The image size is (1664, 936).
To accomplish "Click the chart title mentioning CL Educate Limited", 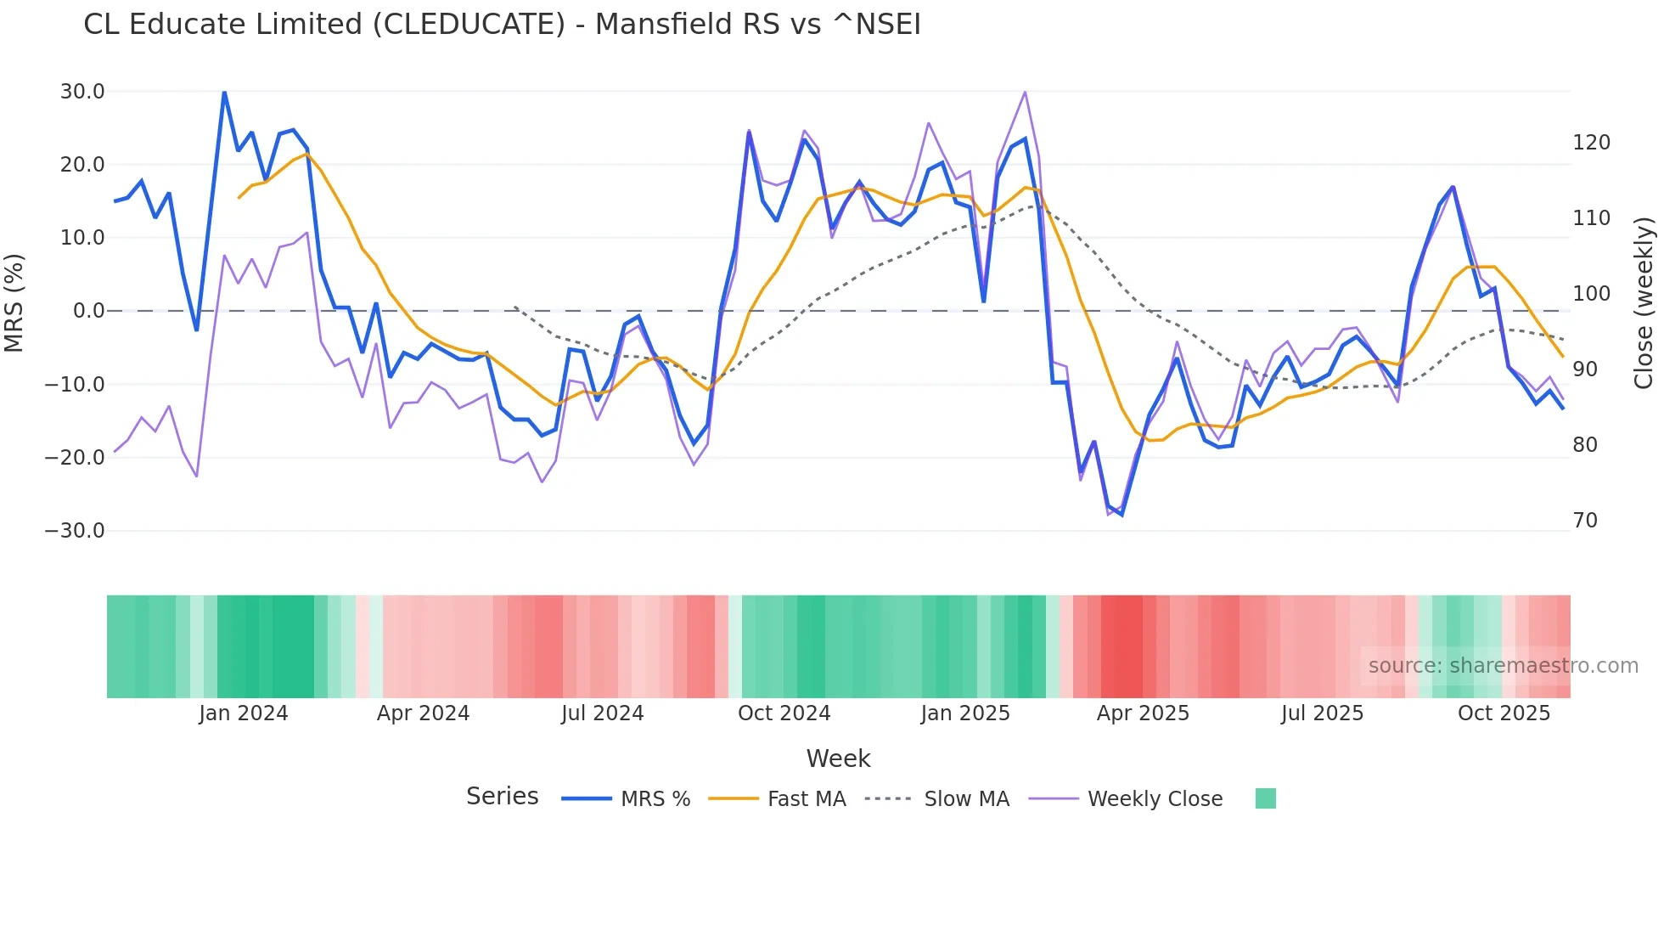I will [502, 25].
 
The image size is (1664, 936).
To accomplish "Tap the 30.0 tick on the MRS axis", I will [82, 92].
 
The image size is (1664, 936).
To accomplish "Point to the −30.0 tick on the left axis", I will [75, 531].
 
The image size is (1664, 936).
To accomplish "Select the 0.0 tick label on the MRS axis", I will [88, 311].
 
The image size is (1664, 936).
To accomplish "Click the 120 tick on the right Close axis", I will [1591, 143].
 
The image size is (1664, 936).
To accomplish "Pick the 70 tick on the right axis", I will [1585, 521].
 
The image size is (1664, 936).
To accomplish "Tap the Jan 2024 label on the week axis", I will [244, 713].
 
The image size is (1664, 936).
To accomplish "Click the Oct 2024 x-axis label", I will [784, 713].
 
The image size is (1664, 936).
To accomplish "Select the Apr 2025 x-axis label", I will [1143, 713].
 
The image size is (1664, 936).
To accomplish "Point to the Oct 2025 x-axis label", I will [1504, 713].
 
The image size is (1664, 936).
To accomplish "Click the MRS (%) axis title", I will [14, 302].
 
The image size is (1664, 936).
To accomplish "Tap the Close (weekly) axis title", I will [1644, 303].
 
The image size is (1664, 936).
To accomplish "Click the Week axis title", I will [838, 758].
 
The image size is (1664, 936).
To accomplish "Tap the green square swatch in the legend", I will [1265, 798].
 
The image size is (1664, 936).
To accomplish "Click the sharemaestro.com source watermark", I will [1503, 666].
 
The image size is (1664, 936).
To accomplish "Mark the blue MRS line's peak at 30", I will [224, 92].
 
